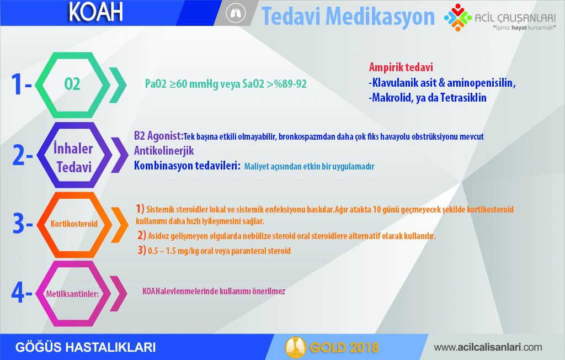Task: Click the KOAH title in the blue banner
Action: point(95,12)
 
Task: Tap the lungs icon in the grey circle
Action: point(236,13)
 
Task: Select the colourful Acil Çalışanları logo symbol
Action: point(457,17)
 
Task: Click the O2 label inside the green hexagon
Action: point(72,84)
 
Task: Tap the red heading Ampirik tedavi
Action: point(401,67)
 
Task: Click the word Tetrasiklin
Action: point(463,98)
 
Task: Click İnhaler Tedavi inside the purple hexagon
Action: point(73,157)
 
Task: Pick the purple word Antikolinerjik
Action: point(164,150)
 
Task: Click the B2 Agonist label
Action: point(158,136)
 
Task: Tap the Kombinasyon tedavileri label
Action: point(187,166)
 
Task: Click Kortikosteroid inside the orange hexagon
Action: point(74,224)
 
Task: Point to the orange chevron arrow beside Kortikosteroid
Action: point(120,225)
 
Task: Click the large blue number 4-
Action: point(22,292)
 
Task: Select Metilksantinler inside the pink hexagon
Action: point(72,294)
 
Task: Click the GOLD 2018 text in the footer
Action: point(344,347)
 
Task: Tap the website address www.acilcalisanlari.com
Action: point(488,347)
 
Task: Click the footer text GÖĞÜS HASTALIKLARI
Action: point(86,347)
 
